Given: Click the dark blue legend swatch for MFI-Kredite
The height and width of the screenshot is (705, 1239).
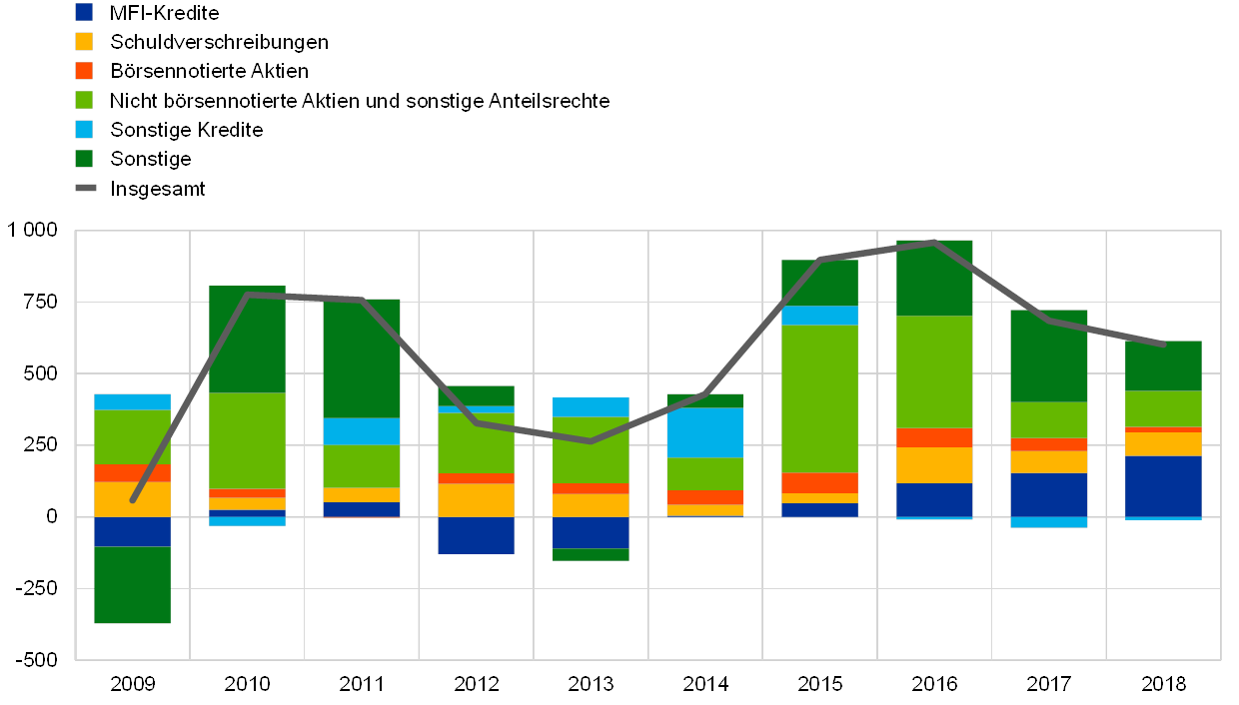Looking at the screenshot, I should [x=85, y=12].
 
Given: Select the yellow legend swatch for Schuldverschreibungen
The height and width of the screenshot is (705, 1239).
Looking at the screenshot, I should [x=85, y=41].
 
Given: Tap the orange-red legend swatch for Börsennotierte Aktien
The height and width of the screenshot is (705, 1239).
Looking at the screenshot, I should [x=85, y=70].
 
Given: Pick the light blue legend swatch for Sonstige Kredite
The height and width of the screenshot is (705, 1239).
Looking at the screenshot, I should [x=85, y=129].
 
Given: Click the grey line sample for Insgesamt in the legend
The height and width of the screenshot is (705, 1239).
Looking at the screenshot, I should [x=85, y=187].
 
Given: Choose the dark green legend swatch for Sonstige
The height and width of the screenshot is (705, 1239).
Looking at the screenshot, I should [x=85, y=158].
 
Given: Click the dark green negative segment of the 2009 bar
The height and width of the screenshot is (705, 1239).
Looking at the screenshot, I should [x=132, y=584].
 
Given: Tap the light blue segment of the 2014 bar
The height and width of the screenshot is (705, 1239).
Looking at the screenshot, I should [x=704, y=432].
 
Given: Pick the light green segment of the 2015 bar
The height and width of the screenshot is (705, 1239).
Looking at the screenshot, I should [x=819, y=398].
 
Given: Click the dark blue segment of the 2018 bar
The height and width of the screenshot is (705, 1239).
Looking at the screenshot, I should [x=1163, y=486].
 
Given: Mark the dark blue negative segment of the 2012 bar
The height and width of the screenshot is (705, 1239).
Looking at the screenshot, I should [x=476, y=535].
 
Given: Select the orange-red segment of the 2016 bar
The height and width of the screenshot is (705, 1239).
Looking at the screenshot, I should [x=934, y=437].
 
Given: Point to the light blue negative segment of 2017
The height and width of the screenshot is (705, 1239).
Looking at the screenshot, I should [x=1049, y=522].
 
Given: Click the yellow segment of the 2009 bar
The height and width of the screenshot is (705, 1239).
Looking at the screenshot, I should [x=132, y=499].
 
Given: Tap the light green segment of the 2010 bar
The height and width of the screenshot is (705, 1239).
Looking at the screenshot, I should [x=247, y=440].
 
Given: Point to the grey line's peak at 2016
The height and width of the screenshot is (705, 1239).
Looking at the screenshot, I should [x=934, y=242].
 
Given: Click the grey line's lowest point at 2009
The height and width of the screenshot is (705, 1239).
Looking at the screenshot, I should [x=133, y=499].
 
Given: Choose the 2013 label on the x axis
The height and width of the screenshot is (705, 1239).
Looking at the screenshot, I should [x=591, y=684].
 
